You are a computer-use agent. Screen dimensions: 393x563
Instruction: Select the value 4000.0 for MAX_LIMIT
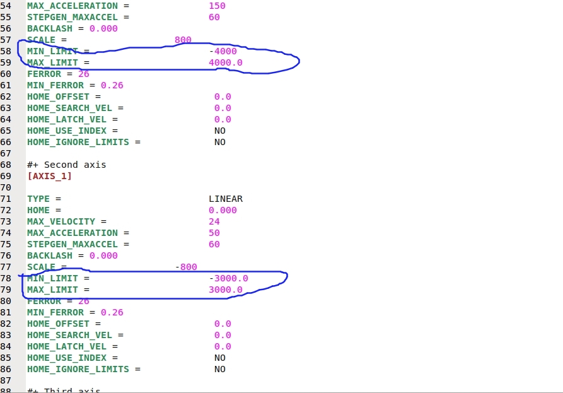pos(225,62)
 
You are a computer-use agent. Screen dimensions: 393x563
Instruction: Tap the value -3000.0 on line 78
pos(228,278)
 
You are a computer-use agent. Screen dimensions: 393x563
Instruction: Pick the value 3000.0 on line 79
pos(225,290)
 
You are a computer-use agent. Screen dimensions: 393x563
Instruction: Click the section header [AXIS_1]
pos(49,176)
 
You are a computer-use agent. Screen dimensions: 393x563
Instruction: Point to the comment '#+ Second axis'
pos(66,165)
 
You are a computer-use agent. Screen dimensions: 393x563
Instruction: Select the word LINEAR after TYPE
pos(225,199)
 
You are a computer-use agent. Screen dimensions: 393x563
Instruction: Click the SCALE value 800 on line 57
pos(183,40)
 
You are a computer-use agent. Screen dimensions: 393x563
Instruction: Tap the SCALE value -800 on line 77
pos(186,267)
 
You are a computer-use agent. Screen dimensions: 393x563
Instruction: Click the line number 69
pos(6,176)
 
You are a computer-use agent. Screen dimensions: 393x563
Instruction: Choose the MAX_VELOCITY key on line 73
pos(61,221)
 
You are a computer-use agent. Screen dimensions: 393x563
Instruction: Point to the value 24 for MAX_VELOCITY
pos(214,221)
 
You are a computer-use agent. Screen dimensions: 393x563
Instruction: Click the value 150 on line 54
pos(217,6)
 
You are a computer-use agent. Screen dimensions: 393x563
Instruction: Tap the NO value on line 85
pos(219,358)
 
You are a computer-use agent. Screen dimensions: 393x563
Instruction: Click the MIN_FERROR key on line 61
pos(55,85)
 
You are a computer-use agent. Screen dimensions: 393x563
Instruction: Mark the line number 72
pos(6,210)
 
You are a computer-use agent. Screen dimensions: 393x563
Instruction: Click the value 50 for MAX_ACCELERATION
pos(214,233)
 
